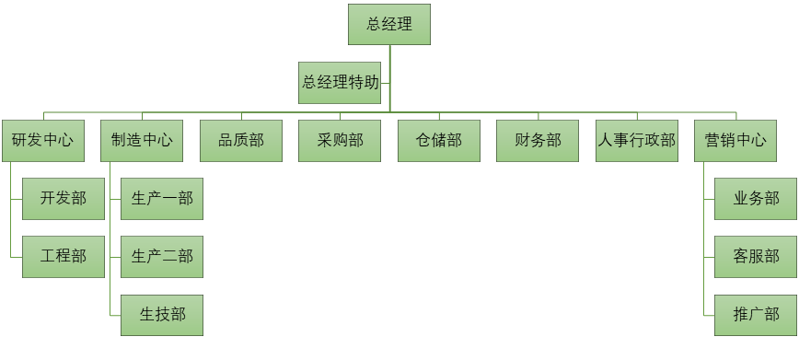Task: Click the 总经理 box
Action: (388, 25)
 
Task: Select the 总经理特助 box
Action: (340, 83)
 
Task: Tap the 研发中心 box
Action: (42, 141)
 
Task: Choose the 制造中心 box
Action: (142, 141)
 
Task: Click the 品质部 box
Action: (241, 141)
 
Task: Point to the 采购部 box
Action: (340, 141)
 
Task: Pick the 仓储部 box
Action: (439, 141)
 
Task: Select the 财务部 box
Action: (538, 141)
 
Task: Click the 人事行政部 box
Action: (636, 141)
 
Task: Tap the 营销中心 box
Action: (735, 141)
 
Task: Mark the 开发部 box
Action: (63, 199)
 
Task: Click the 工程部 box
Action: (63, 257)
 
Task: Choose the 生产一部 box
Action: (162, 199)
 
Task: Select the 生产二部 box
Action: (162, 257)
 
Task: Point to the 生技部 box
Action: (162, 315)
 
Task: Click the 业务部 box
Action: (756, 199)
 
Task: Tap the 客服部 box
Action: (756, 257)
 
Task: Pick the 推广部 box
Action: (756, 315)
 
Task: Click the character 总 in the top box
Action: (373, 25)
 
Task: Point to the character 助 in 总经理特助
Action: (371, 83)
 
